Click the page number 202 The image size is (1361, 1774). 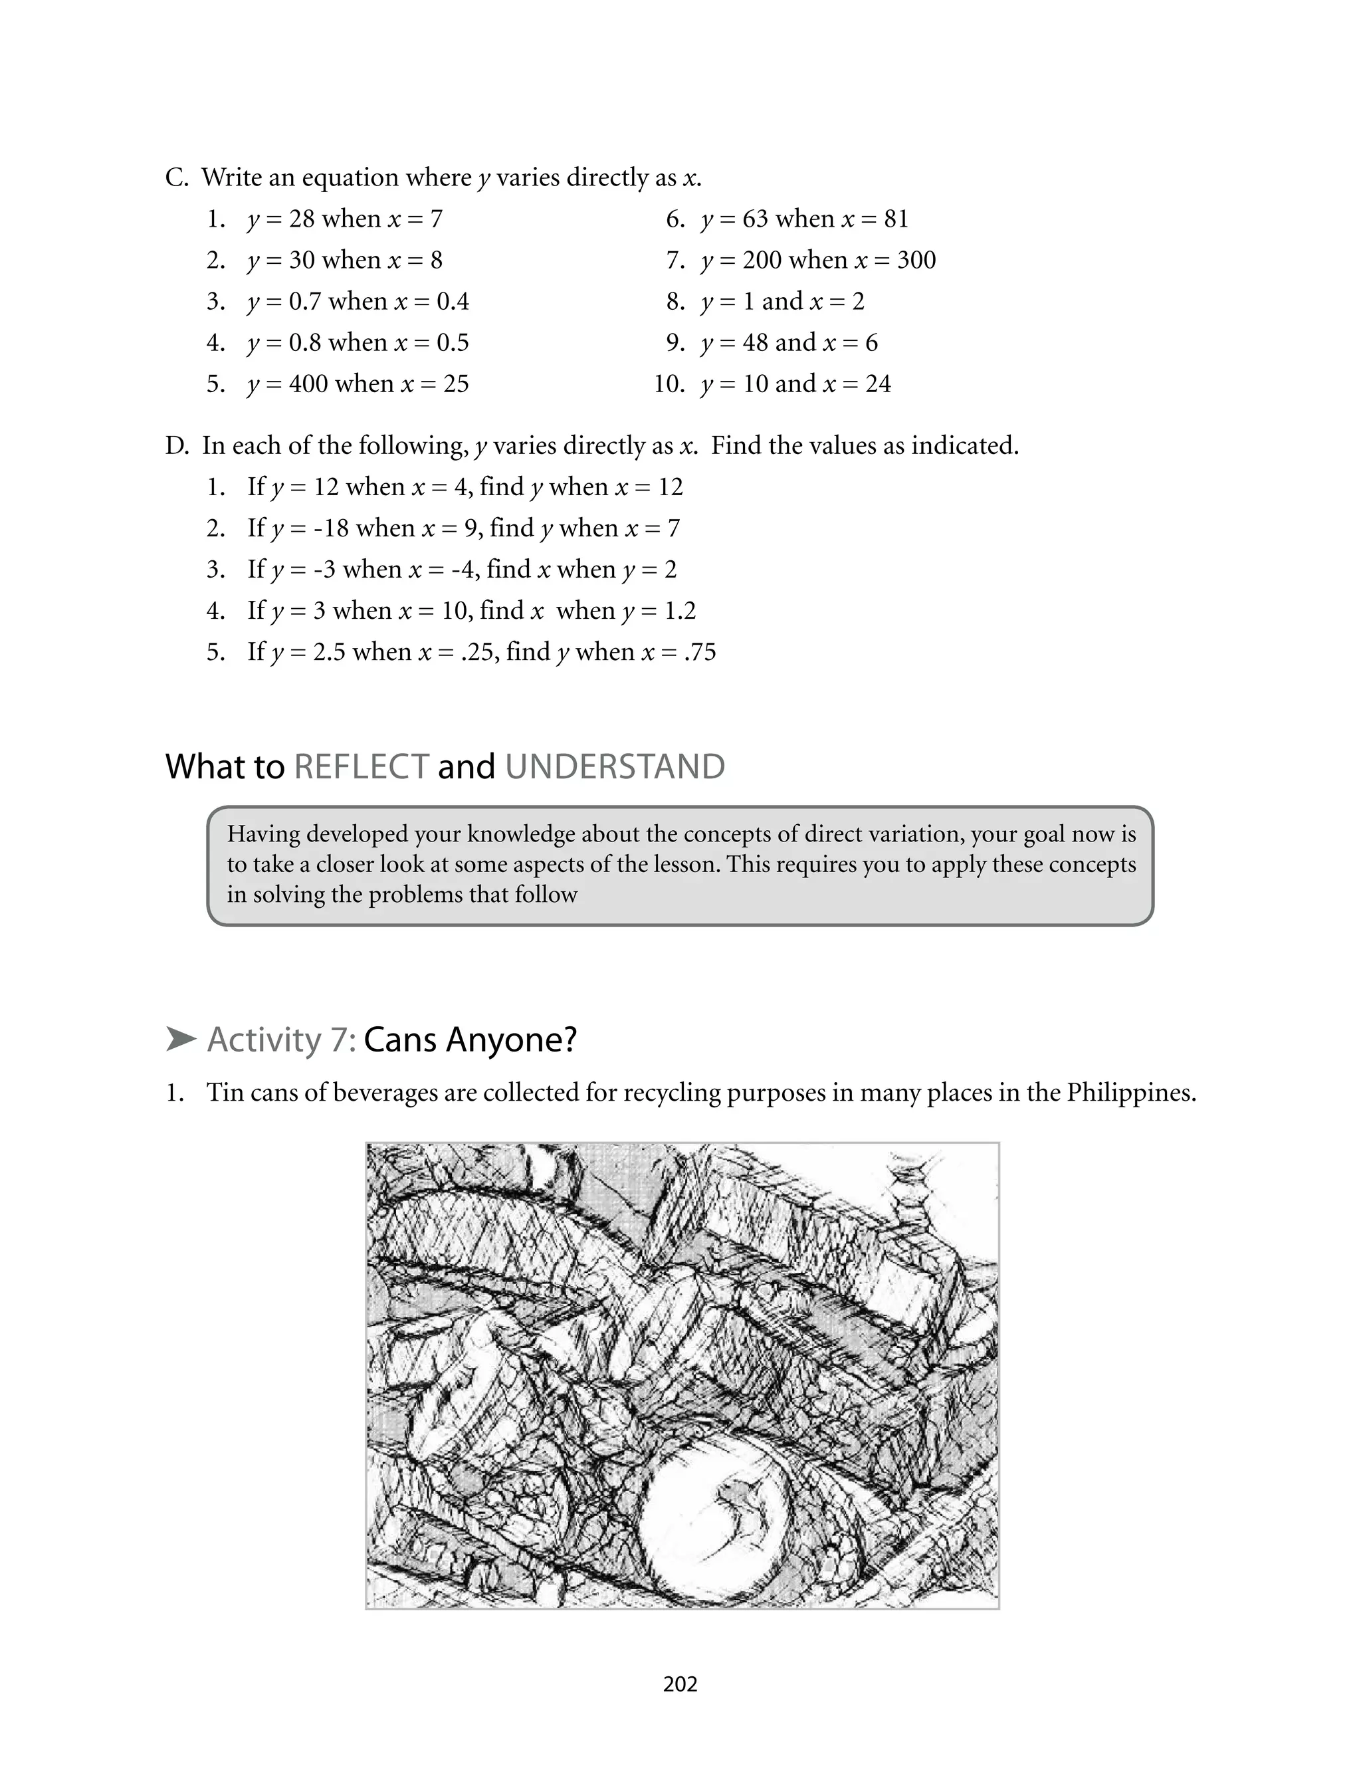pyautogui.click(x=680, y=1684)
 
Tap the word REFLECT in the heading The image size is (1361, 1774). pyautogui.click(x=362, y=766)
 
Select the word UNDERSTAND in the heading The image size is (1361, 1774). pyautogui.click(x=615, y=766)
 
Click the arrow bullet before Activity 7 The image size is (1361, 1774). pyautogui.click(x=181, y=1040)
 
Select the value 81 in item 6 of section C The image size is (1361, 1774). pyautogui.click(x=896, y=219)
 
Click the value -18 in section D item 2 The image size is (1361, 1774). pyautogui.click(x=330, y=528)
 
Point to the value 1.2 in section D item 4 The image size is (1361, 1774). pyautogui.click(x=680, y=610)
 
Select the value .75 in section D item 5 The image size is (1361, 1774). pyautogui.click(x=699, y=651)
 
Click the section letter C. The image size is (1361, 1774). pyautogui.click(x=176, y=177)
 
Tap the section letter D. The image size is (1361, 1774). pyautogui.click(x=176, y=445)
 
